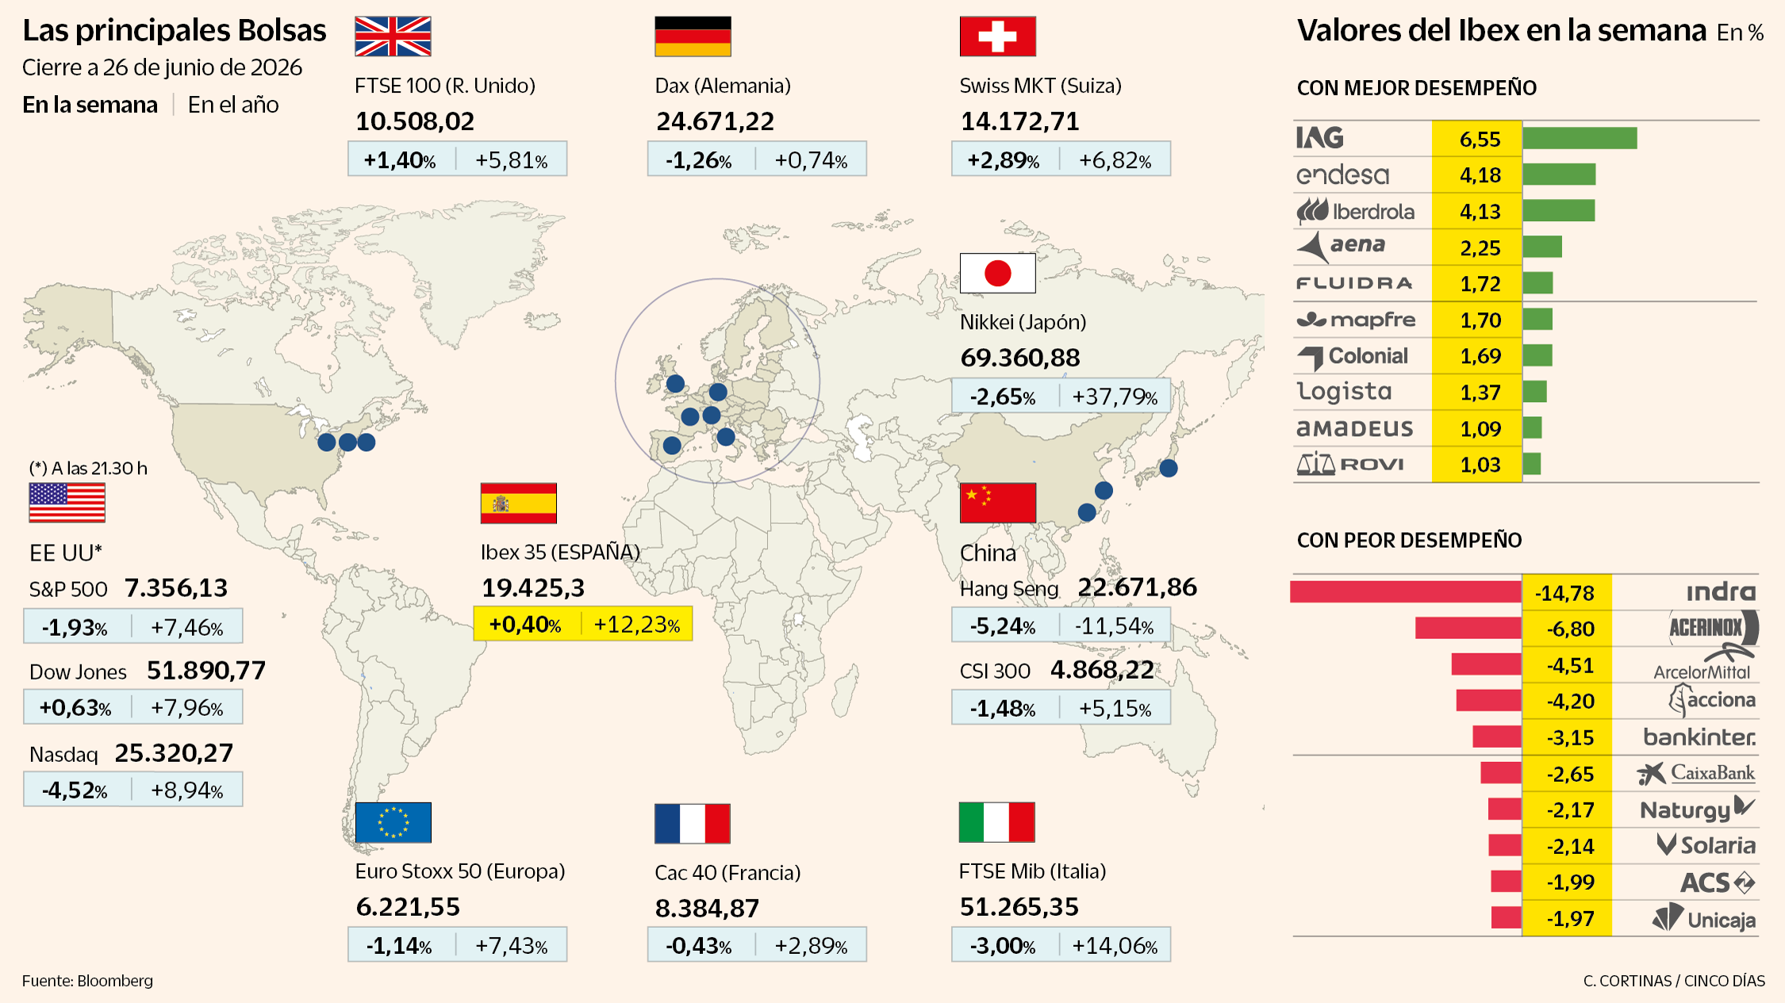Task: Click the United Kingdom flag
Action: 393,36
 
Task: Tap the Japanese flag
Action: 997,274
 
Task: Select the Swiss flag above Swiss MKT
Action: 997,36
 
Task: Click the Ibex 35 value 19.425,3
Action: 533,588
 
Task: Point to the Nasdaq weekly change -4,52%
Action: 75,791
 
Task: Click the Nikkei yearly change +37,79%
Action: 1115,396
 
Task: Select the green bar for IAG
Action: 1580,138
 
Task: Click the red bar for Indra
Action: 1406,592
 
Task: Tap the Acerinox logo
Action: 1713,628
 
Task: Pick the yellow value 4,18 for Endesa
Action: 1480,175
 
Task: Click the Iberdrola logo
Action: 1355,212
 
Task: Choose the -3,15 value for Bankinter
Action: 1569,738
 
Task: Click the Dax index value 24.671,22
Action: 715,121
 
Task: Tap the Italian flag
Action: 996,822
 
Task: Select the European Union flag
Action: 393,822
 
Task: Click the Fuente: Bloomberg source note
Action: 87,981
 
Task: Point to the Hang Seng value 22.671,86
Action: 1137,588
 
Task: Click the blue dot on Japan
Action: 1169,468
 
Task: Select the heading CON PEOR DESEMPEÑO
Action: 1409,541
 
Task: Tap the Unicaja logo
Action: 1704,919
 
